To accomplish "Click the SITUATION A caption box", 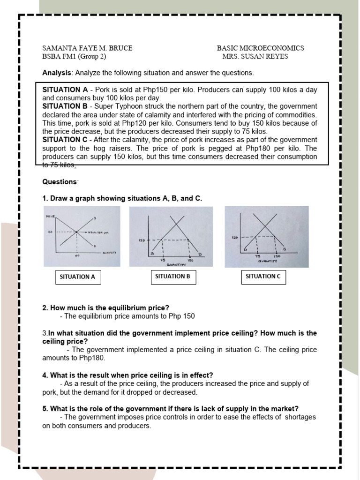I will point(78,277).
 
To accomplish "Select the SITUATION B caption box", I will point(173,277).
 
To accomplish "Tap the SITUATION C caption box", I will point(263,277).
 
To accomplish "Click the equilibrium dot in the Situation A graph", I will point(76,232).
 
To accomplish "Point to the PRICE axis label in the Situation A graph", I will point(51,217).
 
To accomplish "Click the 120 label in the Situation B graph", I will point(141,240).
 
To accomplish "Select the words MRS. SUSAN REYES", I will point(255,57).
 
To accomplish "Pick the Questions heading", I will point(60,182).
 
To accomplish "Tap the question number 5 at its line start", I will point(45,408).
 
